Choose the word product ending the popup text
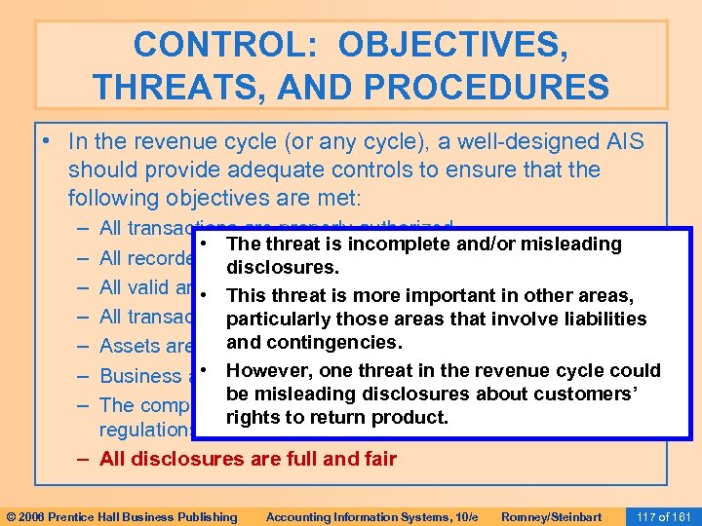(x=419, y=417)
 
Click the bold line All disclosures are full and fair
(x=248, y=459)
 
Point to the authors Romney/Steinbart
(x=550, y=516)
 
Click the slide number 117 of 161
(x=662, y=516)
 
